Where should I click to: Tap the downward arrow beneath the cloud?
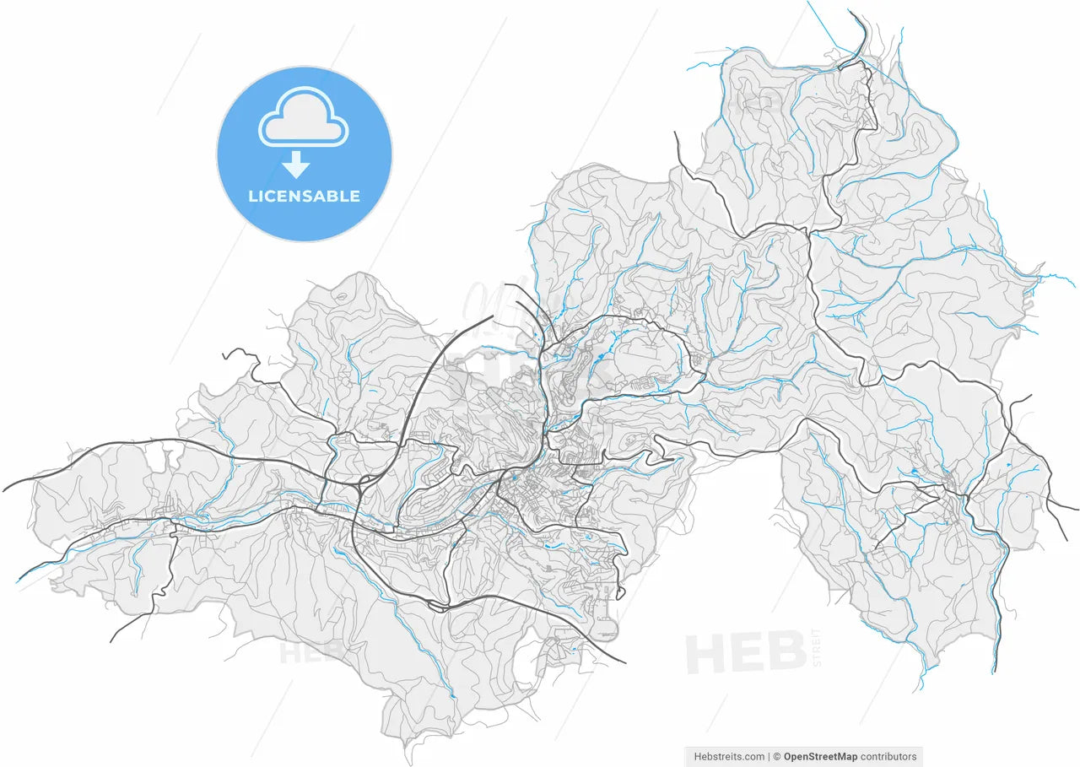pos(296,165)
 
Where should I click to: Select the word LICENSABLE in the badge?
pos(304,197)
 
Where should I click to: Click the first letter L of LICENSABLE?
pos(252,197)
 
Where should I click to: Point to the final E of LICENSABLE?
pos(355,197)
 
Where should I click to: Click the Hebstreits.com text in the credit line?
pos(729,756)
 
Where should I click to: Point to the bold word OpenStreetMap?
pos(820,756)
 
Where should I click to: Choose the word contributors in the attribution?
pos(888,756)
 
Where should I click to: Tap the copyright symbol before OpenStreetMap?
pos(777,756)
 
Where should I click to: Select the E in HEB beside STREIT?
pos(746,653)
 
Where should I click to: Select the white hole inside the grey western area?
pos(155,460)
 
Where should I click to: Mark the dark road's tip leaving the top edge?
pos(850,12)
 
